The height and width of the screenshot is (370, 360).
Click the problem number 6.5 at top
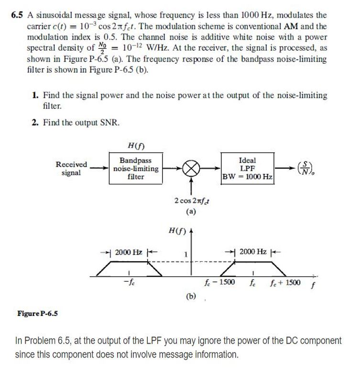pyautogui.click(x=17, y=15)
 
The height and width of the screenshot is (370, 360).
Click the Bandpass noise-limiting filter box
pyautogui.click(x=136, y=168)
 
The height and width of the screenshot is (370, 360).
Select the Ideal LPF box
pyautogui.click(x=247, y=168)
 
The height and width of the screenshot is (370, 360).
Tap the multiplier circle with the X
pyautogui.click(x=191, y=169)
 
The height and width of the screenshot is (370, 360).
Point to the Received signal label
pyautogui.click(x=71, y=168)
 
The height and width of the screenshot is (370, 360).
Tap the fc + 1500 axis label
pyautogui.click(x=286, y=282)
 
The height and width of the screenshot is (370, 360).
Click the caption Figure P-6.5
pyautogui.click(x=38, y=314)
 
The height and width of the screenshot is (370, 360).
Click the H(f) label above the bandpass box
pyautogui.click(x=136, y=145)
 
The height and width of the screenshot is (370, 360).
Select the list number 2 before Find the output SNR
pyautogui.click(x=35, y=123)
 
